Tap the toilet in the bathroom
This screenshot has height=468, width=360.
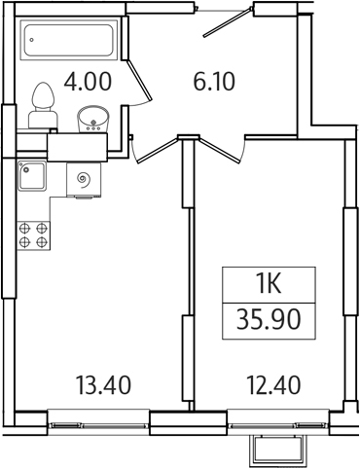point(42,105)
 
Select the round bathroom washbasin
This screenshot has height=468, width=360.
point(94,118)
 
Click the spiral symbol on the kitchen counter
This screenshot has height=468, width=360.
point(84,179)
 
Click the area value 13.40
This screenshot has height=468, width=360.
point(103,386)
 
